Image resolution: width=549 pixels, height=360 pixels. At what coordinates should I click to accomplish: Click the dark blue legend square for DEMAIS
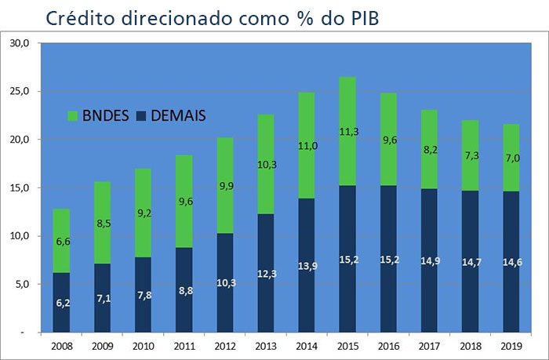142,115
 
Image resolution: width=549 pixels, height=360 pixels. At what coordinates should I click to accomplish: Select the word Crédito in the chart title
75,18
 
